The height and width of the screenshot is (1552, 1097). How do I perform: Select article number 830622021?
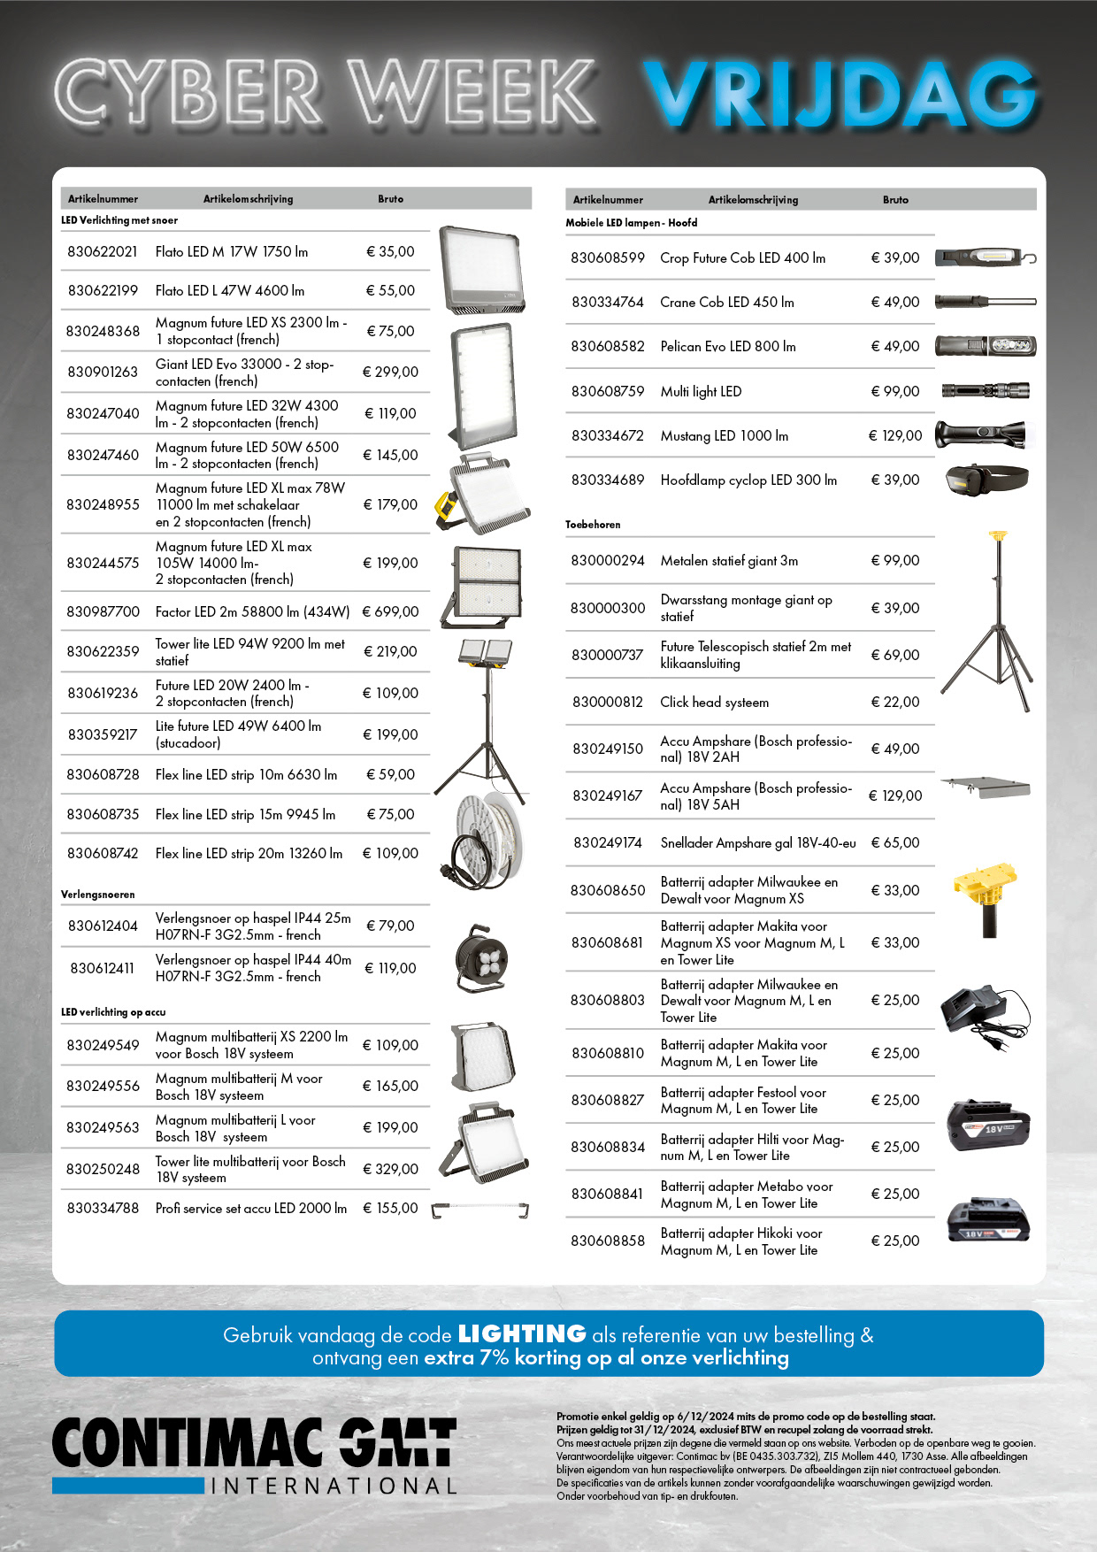click(x=103, y=252)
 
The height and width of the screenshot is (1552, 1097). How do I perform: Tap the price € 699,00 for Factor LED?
click(x=390, y=611)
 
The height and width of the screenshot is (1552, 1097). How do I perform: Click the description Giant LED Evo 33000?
click(x=244, y=373)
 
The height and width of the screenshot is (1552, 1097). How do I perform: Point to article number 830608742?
click(x=103, y=854)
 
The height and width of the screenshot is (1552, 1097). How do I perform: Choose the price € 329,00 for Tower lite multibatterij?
click(x=390, y=1169)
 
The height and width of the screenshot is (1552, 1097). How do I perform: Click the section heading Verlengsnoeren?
click(x=98, y=895)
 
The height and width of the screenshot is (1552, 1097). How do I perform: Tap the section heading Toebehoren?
click(x=593, y=525)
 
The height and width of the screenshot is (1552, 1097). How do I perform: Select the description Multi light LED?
click(x=701, y=391)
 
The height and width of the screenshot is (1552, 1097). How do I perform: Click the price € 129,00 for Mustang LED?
click(x=895, y=435)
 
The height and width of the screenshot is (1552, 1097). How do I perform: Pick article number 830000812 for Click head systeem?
click(x=608, y=702)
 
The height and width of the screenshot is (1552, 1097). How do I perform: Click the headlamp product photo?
click(x=985, y=479)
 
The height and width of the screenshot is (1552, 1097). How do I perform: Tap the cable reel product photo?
click(x=482, y=958)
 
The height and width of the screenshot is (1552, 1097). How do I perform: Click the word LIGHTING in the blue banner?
click(x=522, y=1333)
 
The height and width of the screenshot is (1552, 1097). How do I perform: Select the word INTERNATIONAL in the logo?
click(x=334, y=1487)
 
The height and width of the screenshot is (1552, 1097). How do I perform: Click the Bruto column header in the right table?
click(x=895, y=200)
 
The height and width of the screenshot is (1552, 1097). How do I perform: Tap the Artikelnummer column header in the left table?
click(x=103, y=199)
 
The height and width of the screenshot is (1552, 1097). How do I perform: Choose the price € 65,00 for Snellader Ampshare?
click(x=895, y=842)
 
